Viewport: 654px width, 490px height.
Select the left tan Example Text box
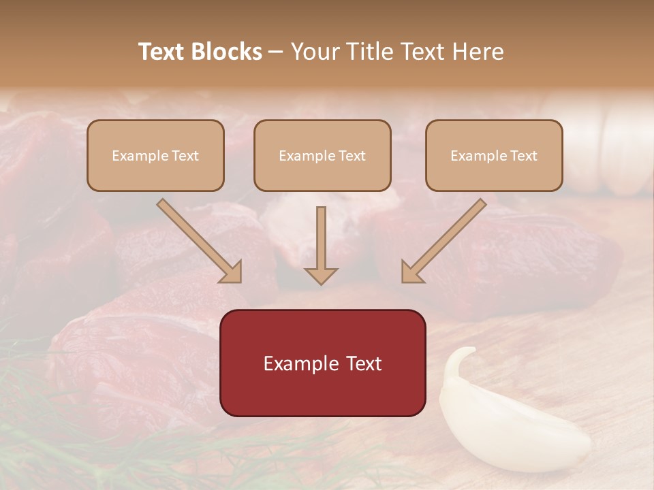[x=155, y=155]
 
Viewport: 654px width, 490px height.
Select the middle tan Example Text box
[x=322, y=155]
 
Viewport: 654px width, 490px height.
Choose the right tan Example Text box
[x=494, y=155]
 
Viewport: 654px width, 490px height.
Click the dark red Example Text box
[x=322, y=363]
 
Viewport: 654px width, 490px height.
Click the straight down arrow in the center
[x=321, y=242]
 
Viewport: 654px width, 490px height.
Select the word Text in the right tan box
[x=523, y=156]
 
